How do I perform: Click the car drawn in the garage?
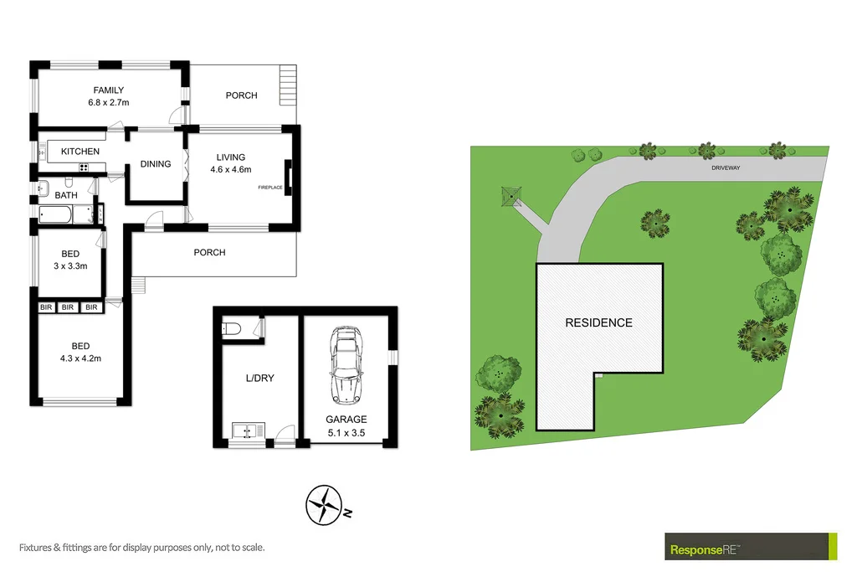(346, 365)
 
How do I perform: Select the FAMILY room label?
(109, 90)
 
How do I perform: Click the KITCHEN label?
(80, 152)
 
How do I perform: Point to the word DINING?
(156, 164)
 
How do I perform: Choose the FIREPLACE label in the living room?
(271, 187)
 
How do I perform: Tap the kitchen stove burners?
(84, 167)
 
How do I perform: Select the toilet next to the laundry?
(233, 329)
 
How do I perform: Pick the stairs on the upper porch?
(289, 84)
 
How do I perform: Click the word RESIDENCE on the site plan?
(598, 322)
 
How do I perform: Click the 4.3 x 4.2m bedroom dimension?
(80, 358)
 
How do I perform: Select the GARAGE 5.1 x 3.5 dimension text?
(346, 426)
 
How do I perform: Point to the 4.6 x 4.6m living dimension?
(230, 169)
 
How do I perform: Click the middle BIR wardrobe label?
(69, 307)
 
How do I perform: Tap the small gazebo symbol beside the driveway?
(511, 196)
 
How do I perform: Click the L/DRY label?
(259, 379)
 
